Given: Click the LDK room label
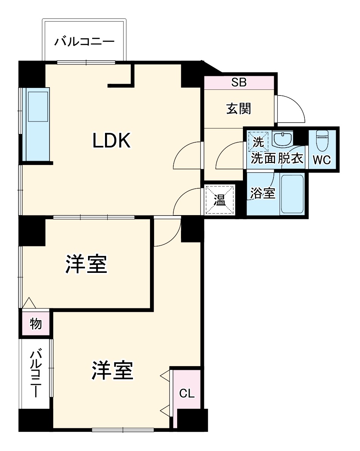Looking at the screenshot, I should coord(112,141).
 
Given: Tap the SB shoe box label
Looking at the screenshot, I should coord(239,83).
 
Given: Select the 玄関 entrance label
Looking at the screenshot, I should coord(239,109).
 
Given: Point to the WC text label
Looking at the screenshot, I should coord(322,160).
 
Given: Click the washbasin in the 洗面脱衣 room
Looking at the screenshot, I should coord(282,140).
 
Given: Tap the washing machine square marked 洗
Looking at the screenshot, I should coord(258,142).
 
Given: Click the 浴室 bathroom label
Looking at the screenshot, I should coord(263,194).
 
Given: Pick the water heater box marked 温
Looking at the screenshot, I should coord(219,200).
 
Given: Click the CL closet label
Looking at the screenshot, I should coord(187,394).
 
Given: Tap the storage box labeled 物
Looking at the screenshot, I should coord(36,323).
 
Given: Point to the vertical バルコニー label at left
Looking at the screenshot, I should coord(36,374).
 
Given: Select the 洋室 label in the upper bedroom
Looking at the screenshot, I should coord(87,264).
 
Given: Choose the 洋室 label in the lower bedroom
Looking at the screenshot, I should coord(113,371).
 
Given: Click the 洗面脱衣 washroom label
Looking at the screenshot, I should coord(277,159).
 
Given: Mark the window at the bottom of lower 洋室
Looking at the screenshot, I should coord(123,429).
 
